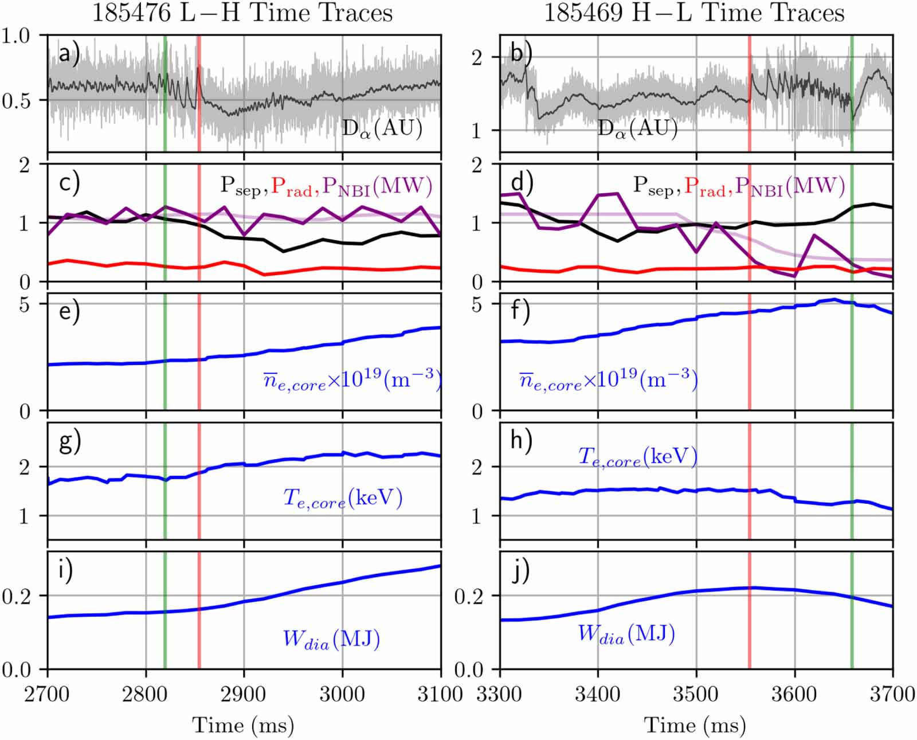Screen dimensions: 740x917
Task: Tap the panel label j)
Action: pyautogui.click(x=520, y=571)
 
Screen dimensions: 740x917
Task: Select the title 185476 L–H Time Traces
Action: pyautogui.click(x=242, y=13)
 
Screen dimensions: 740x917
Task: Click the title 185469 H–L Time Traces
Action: pyautogui.click(x=694, y=13)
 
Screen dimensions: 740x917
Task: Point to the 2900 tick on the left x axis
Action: pyautogui.click(x=244, y=694)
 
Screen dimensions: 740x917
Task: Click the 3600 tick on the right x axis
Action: pyautogui.click(x=794, y=694)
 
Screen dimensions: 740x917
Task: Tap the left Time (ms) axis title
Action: pyautogui.click(x=243, y=725)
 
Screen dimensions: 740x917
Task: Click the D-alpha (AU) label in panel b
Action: pyautogui.click(x=637, y=129)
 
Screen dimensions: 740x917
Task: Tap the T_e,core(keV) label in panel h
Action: pyautogui.click(x=637, y=457)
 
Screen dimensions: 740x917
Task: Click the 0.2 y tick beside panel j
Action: pyautogui.click(x=469, y=596)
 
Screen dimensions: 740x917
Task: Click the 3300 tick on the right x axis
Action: pyautogui.click(x=500, y=694)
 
